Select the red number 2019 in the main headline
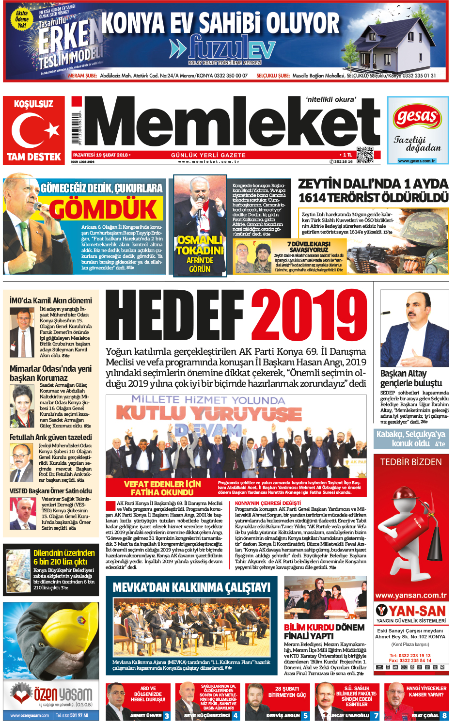pos(309,315)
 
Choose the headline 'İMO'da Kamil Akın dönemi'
pos(51,300)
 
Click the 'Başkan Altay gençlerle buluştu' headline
pos(411,378)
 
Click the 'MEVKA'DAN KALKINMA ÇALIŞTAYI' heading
pos(191,587)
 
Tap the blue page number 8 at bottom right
pos(444,715)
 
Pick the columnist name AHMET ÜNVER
pos(146,715)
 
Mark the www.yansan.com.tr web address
pos(411,595)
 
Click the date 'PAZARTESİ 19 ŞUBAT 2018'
pos(101,155)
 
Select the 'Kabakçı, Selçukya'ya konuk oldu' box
pos(411,439)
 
